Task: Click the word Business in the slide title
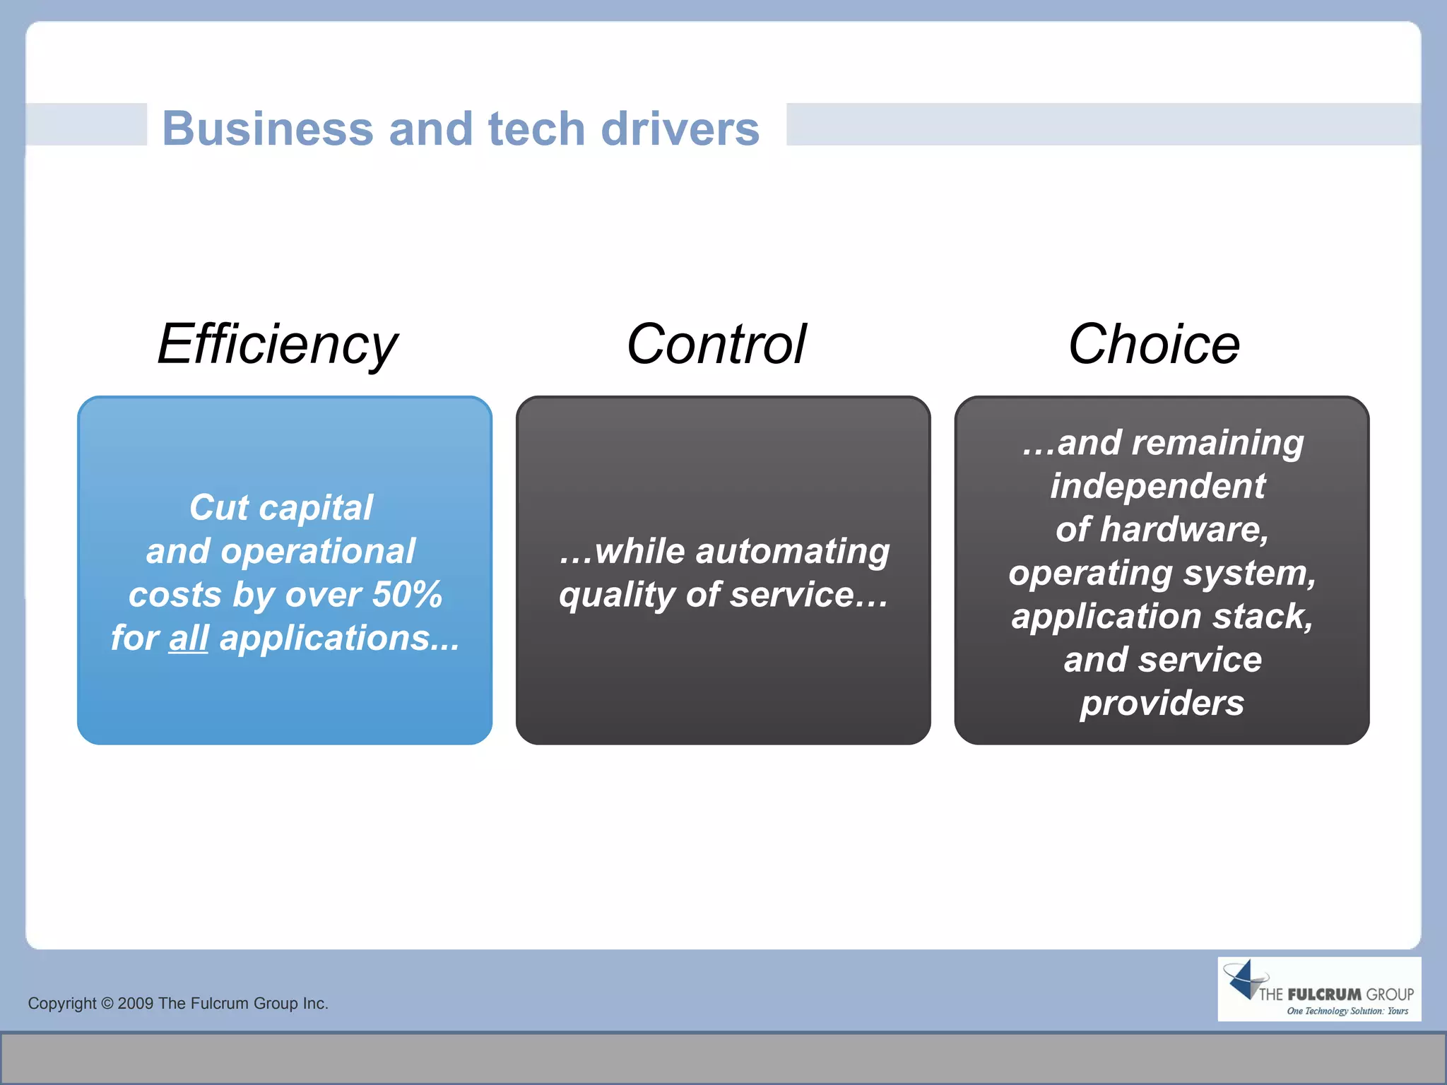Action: [267, 129]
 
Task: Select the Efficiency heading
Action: [278, 345]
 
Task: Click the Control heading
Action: [716, 345]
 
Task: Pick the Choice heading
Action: [1154, 345]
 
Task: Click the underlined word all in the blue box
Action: [188, 639]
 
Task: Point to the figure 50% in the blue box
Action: [407, 595]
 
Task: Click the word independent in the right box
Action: [1157, 487]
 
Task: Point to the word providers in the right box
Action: [1162, 704]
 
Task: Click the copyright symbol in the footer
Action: [107, 1004]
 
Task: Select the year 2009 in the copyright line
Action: [135, 1004]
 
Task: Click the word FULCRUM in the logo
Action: [1324, 995]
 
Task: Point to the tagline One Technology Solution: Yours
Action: [1347, 1012]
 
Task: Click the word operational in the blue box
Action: [317, 552]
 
